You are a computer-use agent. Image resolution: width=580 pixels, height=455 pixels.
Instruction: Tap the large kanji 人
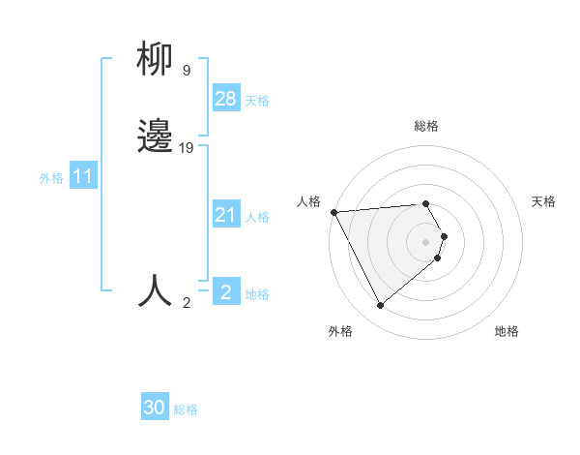pos(155,290)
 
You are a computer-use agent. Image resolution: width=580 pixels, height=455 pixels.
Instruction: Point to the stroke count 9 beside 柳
pos(186,71)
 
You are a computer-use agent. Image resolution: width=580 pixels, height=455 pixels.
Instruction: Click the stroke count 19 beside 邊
pos(188,147)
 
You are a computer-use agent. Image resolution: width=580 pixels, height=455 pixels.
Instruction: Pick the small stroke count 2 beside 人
pos(186,303)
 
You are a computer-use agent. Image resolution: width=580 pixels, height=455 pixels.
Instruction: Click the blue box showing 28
pos(226,99)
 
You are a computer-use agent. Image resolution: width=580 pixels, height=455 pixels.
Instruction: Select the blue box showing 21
pos(226,215)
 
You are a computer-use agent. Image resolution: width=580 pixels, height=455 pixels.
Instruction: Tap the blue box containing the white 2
pos(226,291)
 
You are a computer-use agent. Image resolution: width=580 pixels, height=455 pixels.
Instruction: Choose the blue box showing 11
pos(82,177)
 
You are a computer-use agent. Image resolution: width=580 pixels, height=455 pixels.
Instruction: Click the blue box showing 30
pos(155,408)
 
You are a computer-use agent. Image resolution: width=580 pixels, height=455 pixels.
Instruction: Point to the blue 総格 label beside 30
pos(187,409)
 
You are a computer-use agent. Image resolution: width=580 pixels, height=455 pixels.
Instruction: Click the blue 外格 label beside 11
pos(51,178)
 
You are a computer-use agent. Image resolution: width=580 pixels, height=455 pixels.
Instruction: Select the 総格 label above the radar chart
pos(426,126)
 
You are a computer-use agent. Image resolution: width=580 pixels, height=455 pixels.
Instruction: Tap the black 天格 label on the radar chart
pos(543,201)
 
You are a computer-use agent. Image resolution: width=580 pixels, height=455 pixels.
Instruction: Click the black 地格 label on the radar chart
pos(507,331)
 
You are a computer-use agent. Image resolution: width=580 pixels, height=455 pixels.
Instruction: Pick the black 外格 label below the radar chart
pos(340,331)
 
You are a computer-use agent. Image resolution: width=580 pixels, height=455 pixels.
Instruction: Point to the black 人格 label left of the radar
pos(308,201)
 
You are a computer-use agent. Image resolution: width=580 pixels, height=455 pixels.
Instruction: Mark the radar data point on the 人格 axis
pos(333,212)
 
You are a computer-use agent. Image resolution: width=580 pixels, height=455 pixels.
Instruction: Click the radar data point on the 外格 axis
pos(380,306)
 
